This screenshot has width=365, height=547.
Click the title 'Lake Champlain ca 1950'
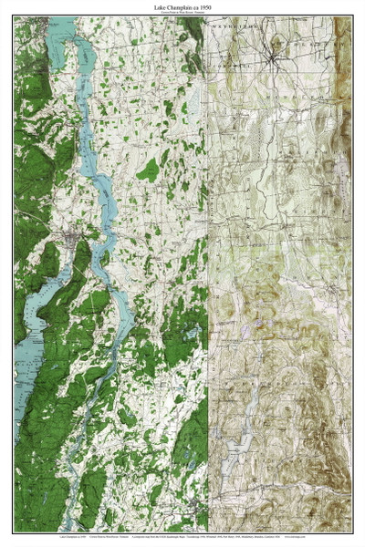[x=182, y=6]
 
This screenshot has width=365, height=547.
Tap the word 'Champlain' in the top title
[x=182, y=6]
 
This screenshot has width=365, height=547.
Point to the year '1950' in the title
[x=209, y=6]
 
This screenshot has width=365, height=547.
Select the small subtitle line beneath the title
[x=182, y=13]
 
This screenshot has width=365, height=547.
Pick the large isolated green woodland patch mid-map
[x=149, y=169]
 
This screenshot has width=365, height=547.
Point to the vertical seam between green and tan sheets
[x=210, y=273]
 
